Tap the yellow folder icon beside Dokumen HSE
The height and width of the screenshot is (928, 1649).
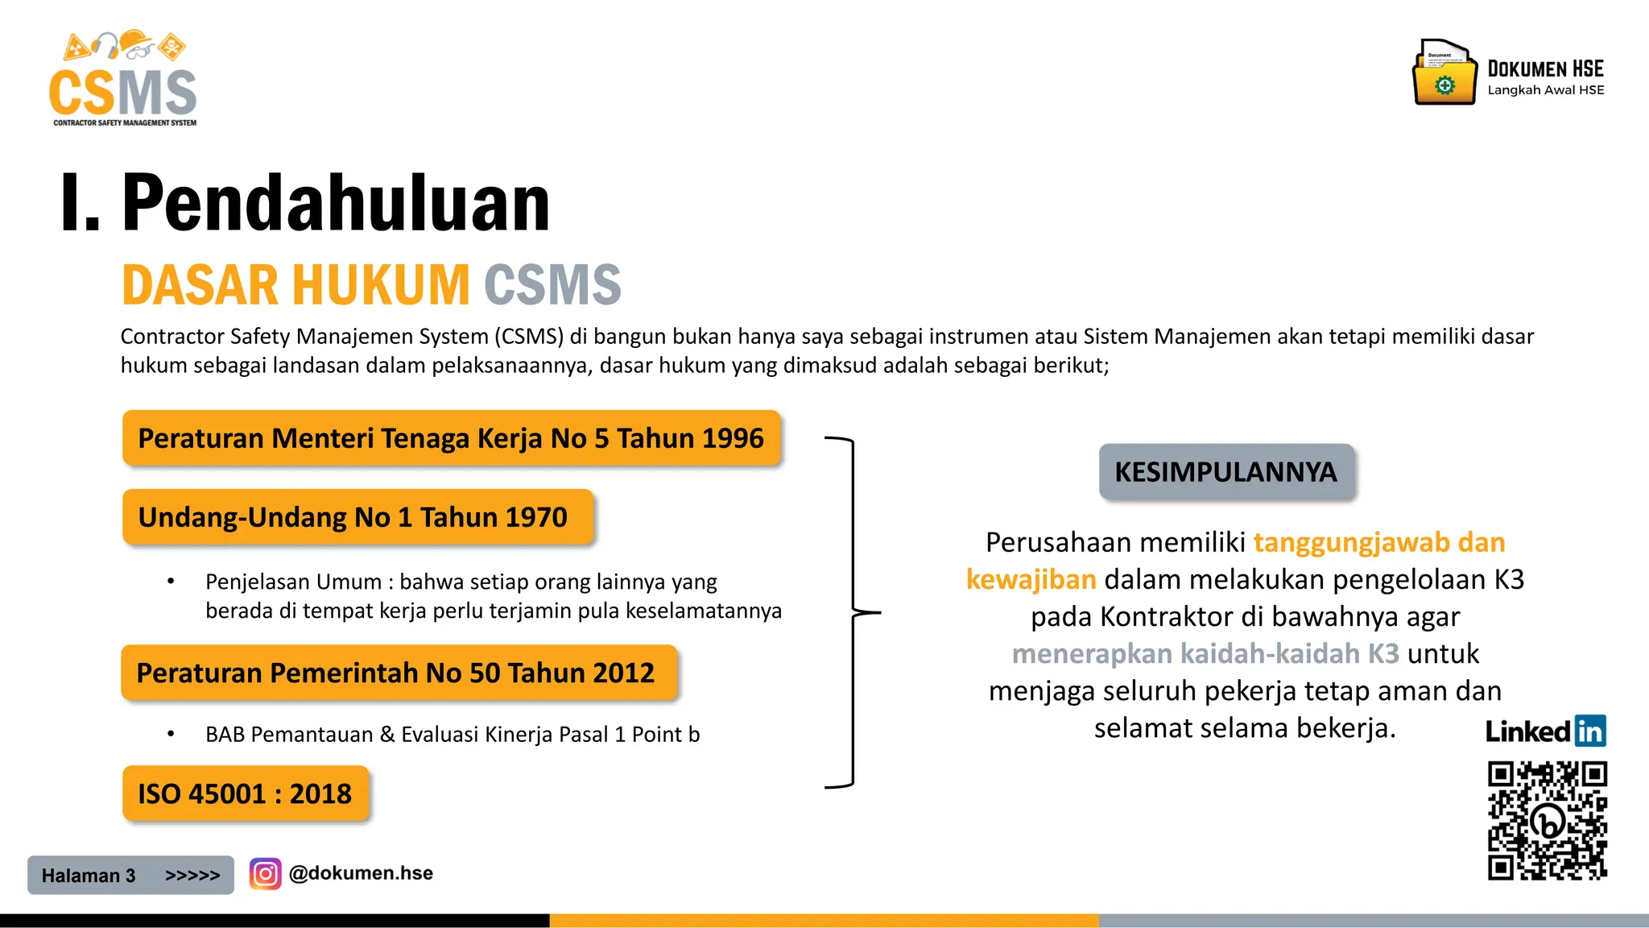pos(1444,73)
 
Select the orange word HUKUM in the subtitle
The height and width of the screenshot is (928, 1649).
pos(381,285)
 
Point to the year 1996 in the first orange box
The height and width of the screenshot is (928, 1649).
pos(732,438)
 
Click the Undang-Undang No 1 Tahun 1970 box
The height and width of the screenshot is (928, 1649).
pos(357,517)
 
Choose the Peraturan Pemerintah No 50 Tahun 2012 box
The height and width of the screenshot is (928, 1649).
pos(399,673)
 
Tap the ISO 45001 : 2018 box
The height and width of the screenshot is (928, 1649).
pos(246,794)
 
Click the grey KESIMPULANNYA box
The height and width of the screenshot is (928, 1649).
pos(1225,472)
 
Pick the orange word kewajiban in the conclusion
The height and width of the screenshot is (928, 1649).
pos(1031,579)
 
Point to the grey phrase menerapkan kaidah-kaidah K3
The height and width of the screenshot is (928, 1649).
pos(1205,653)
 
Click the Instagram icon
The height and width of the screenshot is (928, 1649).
pos(265,874)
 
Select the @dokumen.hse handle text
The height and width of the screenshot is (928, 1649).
pos(361,873)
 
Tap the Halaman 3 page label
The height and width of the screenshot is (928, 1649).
pos(89,876)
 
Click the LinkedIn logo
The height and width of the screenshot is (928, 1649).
pos(1545,731)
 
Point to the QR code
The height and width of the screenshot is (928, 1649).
pos(1547,821)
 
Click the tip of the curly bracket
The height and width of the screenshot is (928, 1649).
pos(878,613)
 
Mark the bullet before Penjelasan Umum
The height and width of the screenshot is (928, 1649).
pos(171,582)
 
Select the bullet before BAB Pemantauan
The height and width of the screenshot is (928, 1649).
pos(171,734)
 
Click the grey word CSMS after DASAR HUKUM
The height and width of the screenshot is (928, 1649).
pos(552,285)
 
